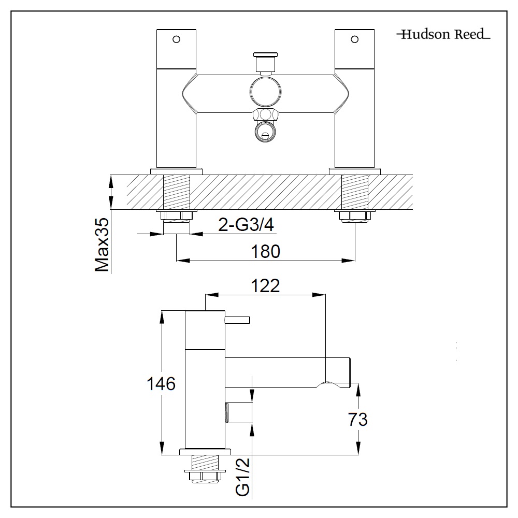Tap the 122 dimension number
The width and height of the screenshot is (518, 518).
click(265, 285)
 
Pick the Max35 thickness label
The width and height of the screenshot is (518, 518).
click(102, 246)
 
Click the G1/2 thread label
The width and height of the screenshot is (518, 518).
click(244, 477)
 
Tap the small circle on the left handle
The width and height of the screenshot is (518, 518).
click(177, 39)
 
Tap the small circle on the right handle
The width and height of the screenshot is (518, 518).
click(355, 39)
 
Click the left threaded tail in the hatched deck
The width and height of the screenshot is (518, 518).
click(177, 192)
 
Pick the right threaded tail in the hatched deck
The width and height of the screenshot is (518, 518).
click(355, 192)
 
